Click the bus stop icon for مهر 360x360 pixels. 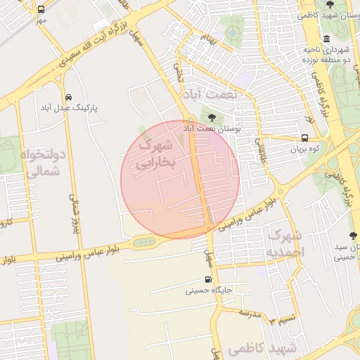pos(41,10)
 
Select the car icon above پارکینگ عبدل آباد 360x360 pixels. pos(68,97)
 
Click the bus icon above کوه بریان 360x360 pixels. pos(304,139)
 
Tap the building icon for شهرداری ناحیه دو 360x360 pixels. pos(326,39)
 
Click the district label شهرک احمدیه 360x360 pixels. pos(285,243)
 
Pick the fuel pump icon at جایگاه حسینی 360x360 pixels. pos(208,280)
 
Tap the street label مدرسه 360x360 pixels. pos(250,311)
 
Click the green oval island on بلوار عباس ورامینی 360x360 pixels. pos(145,243)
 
